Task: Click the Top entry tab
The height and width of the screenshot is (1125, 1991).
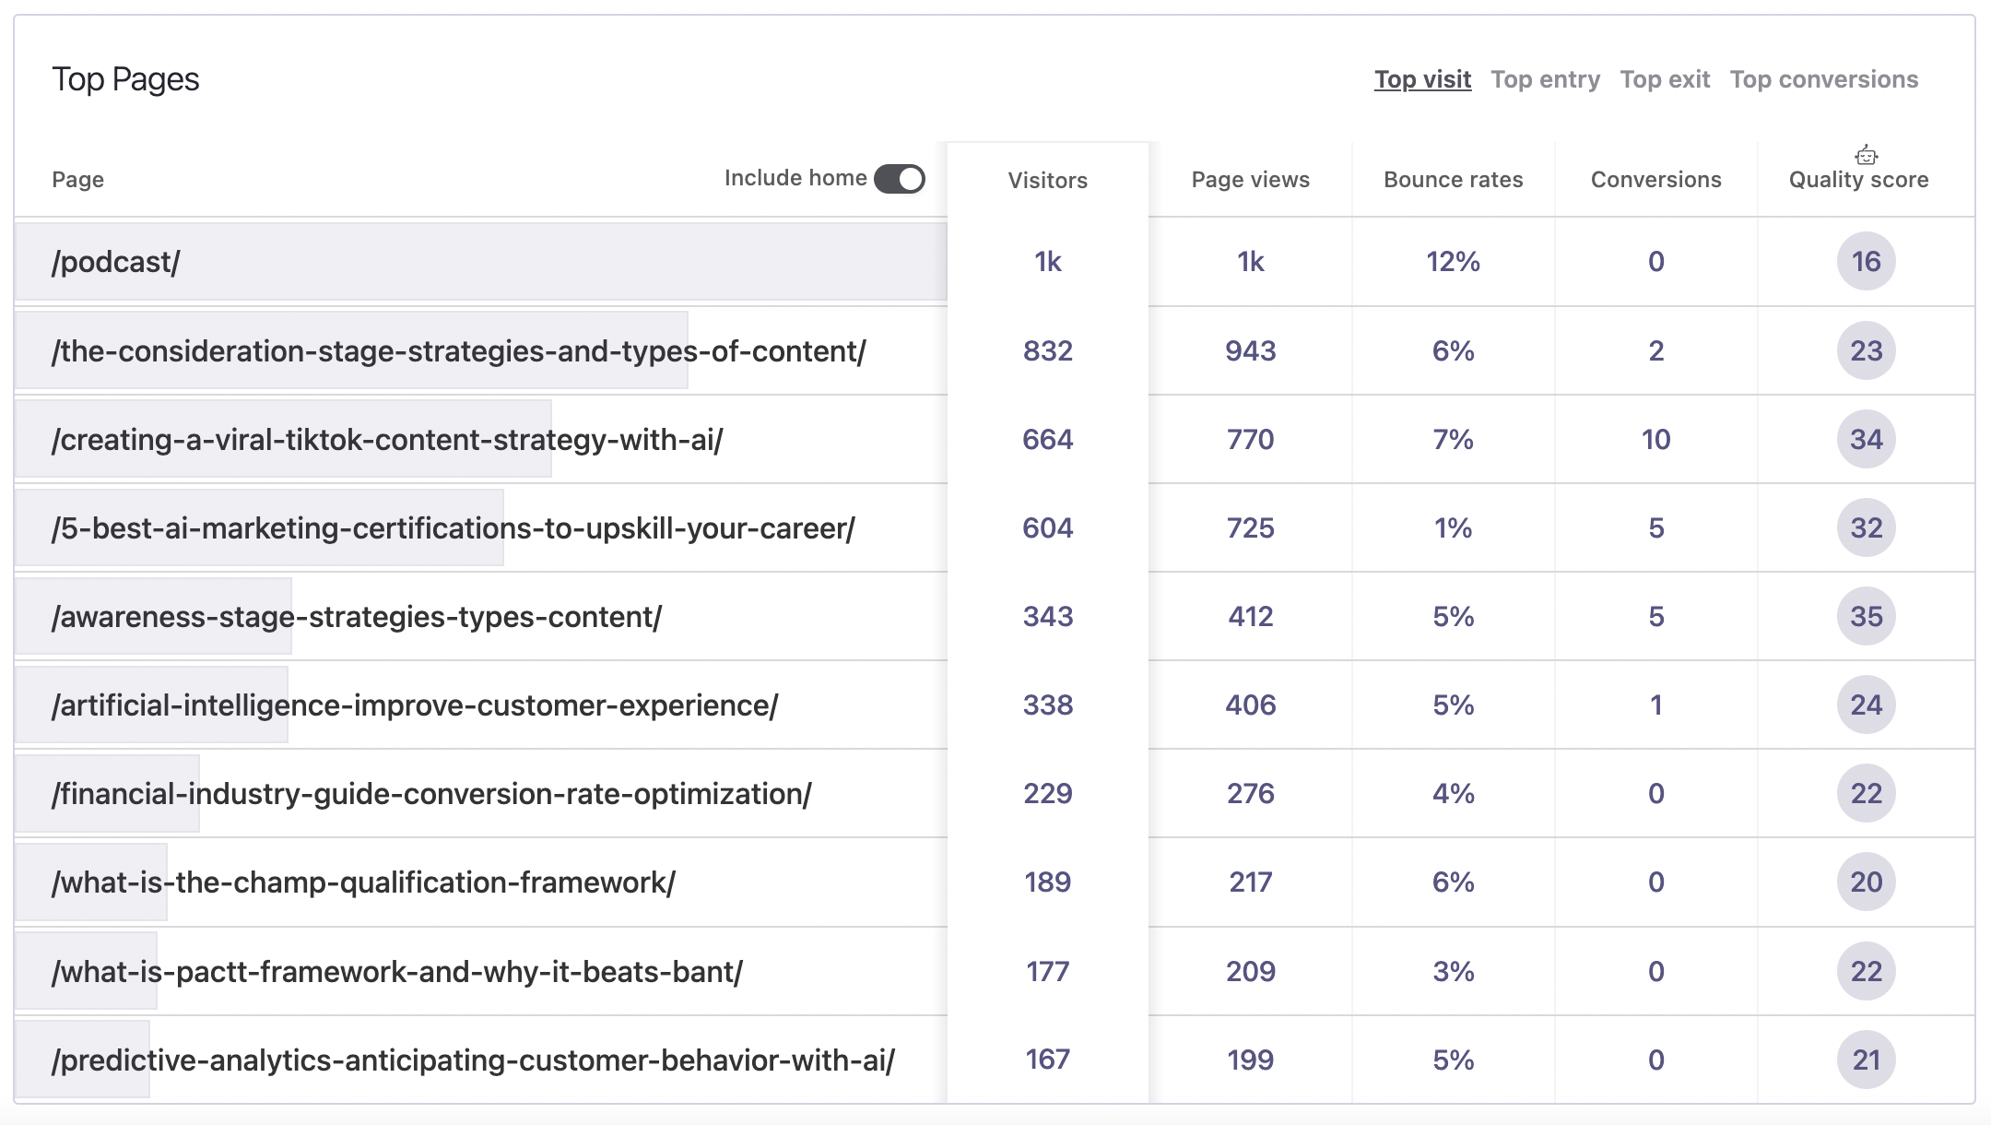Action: pyautogui.click(x=1545, y=79)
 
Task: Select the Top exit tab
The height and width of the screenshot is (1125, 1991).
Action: pyautogui.click(x=1665, y=79)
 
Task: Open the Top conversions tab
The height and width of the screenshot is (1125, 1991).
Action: pyautogui.click(x=1823, y=79)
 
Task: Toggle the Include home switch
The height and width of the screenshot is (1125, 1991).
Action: pyautogui.click(x=900, y=178)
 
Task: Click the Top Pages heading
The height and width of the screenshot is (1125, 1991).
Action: pyautogui.click(x=125, y=79)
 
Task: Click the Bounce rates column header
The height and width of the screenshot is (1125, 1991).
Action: pyautogui.click(x=1453, y=180)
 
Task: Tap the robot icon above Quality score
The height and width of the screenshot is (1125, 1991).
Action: pyautogui.click(x=1867, y=155)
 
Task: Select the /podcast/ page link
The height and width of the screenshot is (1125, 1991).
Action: pyautogui.click(x=116, y=262)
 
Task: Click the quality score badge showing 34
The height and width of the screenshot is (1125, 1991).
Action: pyautogui.click(x=1866, y=439)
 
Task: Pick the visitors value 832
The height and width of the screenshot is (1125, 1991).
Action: pyautogui.click(x=1047, y=350)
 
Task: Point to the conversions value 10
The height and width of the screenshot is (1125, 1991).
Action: pyautogui.click(x=1655, y=439)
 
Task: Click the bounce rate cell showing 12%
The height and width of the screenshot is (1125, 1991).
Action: pyautogui.click(x=1453, y=262)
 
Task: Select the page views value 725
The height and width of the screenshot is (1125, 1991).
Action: pyautogui.click(x=1250, y=527)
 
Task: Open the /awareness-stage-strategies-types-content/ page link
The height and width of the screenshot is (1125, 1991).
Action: pyautogui.click(x=357, y=616)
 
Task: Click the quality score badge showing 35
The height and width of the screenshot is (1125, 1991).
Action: pyautogui.click(x=1866, y=616)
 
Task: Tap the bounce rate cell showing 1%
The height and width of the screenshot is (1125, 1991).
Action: pyautogui.click(x=1453, y=527)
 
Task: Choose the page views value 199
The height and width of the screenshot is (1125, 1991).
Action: pyautogui.click(x=1250, y=1060)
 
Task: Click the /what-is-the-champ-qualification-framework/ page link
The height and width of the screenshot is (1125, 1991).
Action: pyautogui.click(x=363, y=882)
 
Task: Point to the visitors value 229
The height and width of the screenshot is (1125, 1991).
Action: pyautogui.click(x=1047, y=793)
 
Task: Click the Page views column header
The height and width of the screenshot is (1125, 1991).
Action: pyautogui.click(x=1250, y=180)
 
